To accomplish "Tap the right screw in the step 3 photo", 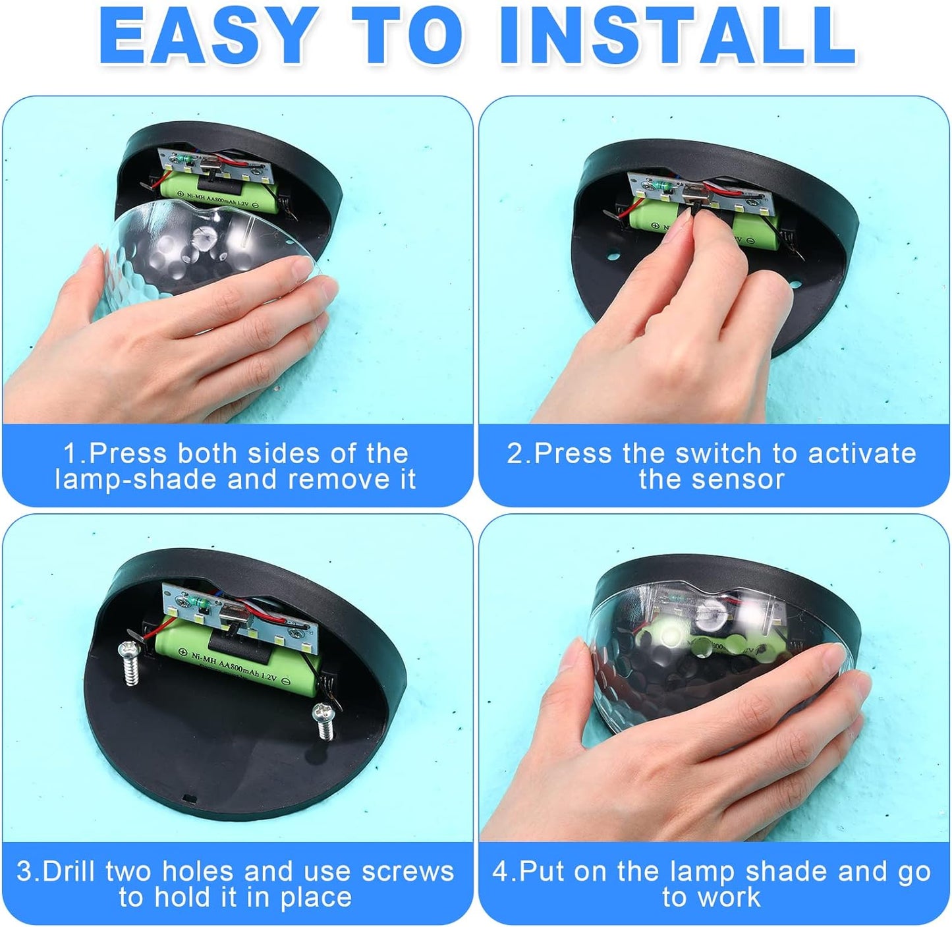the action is (324, 721).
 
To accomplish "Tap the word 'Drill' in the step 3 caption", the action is (72, 871).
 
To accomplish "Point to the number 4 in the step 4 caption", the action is (499, 871).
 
